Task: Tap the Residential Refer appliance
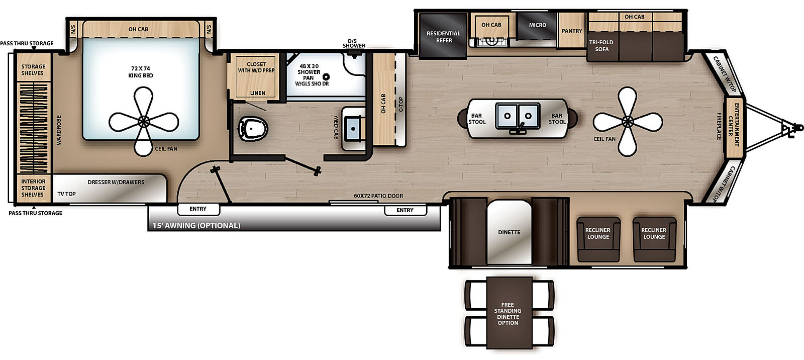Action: [443, 37]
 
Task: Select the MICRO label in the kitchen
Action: [537, 25]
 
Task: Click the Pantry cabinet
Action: [571, 31]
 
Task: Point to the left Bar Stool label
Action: [477, 119]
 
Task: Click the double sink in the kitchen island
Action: [517, 116]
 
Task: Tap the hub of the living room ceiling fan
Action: [627, 121]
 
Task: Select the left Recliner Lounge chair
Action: [597, 238]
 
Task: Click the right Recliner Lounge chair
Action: [654, 238]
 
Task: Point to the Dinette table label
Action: [509, 232]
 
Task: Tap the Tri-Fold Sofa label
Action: [601, 46]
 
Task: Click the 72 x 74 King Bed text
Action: [141, 72]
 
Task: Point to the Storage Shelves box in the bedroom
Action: [33, 70]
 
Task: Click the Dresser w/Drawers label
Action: [116, 182]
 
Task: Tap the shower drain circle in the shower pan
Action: [326, 77]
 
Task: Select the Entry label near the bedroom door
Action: [198, 209]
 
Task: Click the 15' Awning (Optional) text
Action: [196, 226]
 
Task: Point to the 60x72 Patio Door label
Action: [378, 196]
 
